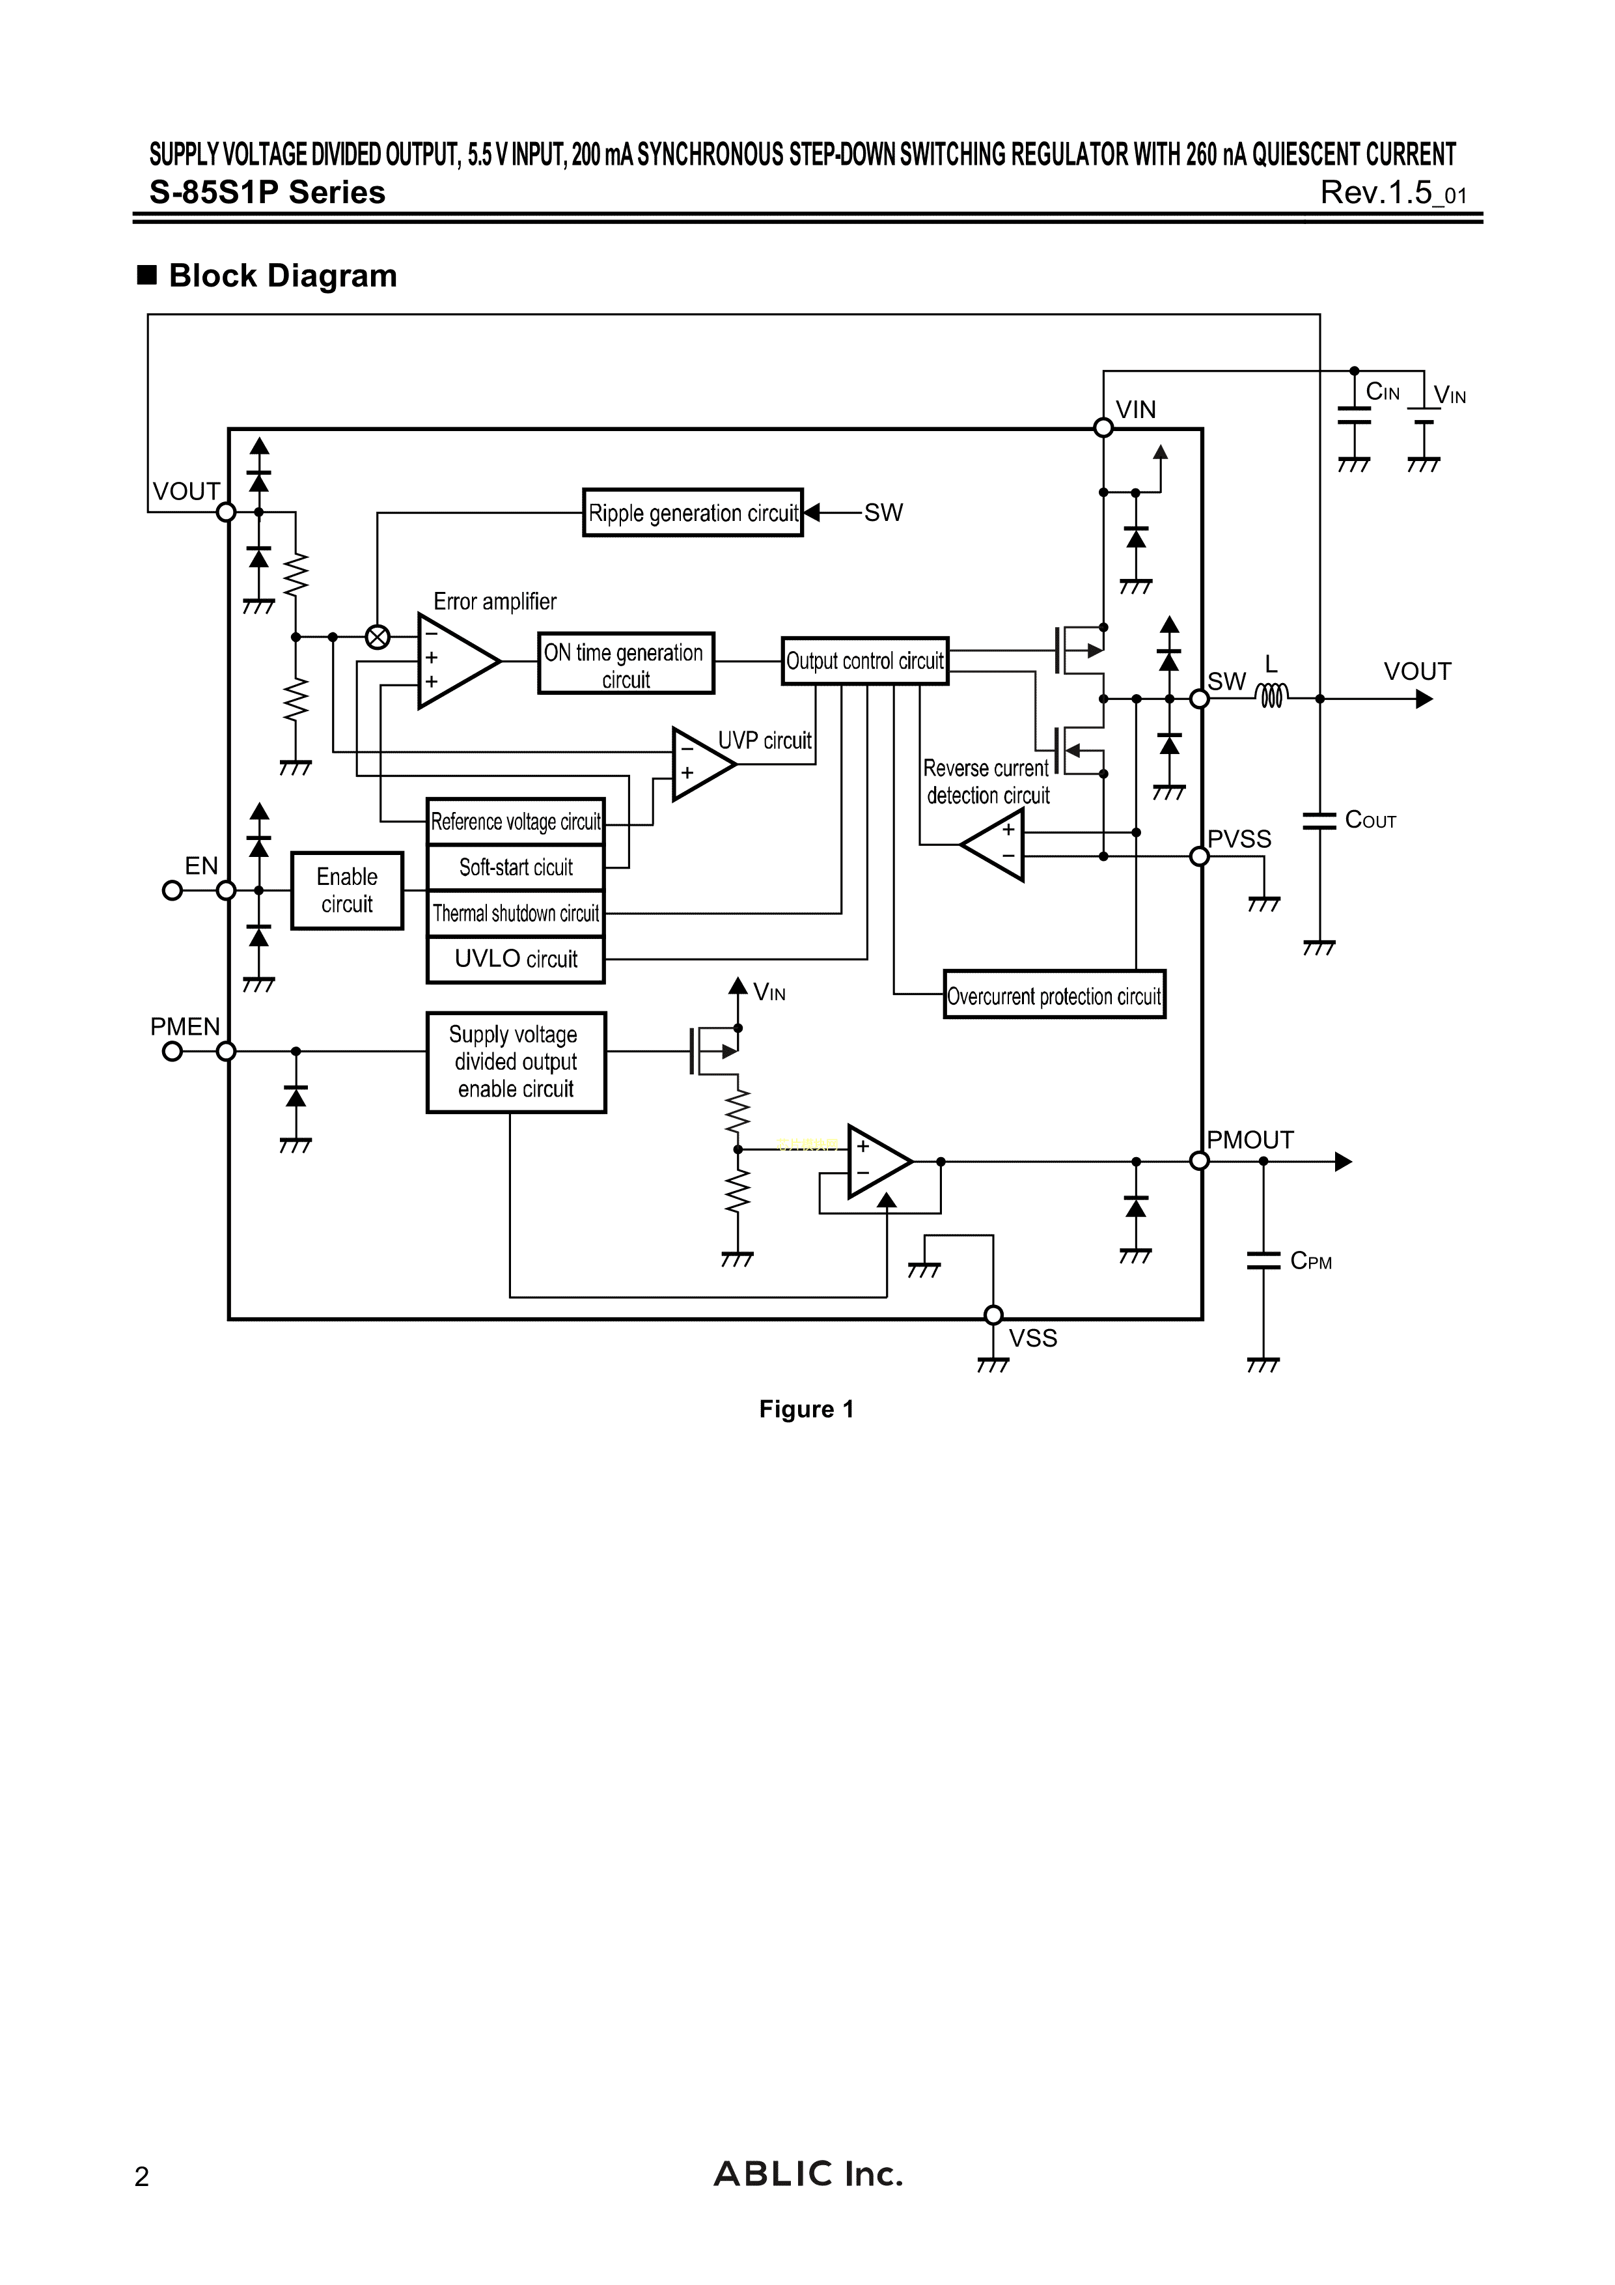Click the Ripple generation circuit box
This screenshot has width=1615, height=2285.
(693, 512)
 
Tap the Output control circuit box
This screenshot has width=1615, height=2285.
(864, 661)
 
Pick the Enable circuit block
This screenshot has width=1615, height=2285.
(346, 891)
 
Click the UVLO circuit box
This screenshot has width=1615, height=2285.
(516, 959)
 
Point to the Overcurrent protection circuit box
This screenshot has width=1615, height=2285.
(1054, 995)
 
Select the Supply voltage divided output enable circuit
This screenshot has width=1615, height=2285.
(516, 1062)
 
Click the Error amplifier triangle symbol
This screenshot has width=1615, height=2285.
(455, 662)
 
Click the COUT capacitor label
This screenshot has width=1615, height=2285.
(1370, 820)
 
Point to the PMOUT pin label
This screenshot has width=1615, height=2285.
(1250, 1140)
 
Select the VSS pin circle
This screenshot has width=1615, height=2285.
(993, 1315)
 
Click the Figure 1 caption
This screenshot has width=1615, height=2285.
(806, 1409)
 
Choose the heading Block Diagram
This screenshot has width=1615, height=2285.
(283, 275)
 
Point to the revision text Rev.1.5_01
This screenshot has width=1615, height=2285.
(1392, 192)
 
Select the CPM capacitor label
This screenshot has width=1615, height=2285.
(1310, 1261)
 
